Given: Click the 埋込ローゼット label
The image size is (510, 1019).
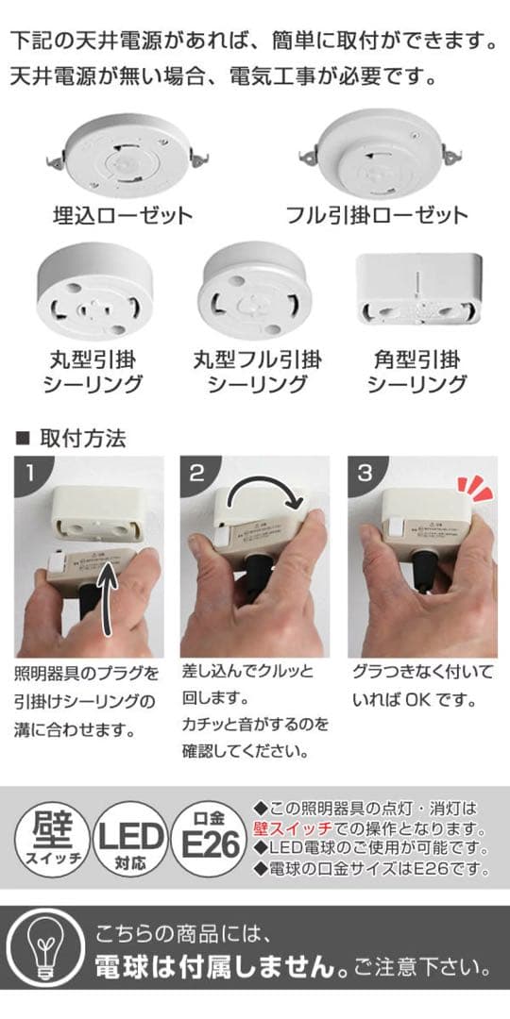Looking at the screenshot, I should [122, 215].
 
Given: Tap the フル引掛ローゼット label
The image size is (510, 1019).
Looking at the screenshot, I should [377, 215].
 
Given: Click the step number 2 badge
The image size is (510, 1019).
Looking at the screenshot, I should [196, 473].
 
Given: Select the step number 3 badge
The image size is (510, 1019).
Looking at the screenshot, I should [365, 473].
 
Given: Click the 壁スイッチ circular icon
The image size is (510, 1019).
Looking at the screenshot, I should [47, 838].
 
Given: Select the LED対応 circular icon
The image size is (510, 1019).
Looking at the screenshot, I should [127, 838].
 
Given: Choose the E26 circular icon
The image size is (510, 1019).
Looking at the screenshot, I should [207, 838].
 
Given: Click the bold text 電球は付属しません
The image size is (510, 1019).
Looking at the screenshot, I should [222, 967].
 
